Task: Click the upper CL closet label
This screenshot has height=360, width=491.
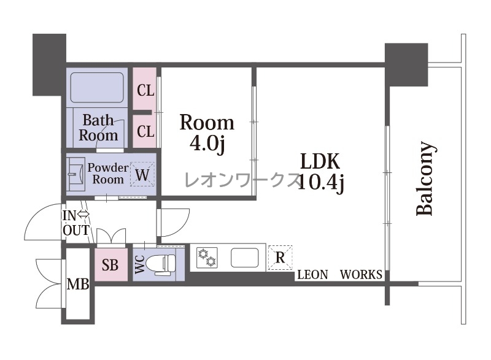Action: click(x=145, y=91)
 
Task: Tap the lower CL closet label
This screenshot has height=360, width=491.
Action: click(x=145, y=131)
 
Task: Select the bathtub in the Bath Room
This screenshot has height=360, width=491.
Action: click(x=97, y=88)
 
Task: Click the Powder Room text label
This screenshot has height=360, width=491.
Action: click(x=108, y=174)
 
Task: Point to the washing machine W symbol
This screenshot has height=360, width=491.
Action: click(x=142, y=174)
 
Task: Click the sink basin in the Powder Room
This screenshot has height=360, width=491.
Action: click(x=76, y=174)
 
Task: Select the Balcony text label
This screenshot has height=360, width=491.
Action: click(x=425, y=178)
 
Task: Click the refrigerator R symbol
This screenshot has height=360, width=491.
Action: click(x=280, y=258)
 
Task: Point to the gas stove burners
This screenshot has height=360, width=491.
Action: click(x=207, y=258)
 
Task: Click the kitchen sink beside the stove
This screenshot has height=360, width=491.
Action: click(x=245, y=258)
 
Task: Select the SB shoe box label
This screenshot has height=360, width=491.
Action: click(x=110, y=265)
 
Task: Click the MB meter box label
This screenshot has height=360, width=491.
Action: click(x=79, y=285)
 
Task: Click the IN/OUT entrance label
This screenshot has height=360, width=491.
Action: click(x=76, y=223)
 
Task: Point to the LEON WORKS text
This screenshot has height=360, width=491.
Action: click(x=339, y=275)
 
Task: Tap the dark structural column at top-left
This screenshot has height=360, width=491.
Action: click(x=50, y=64)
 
